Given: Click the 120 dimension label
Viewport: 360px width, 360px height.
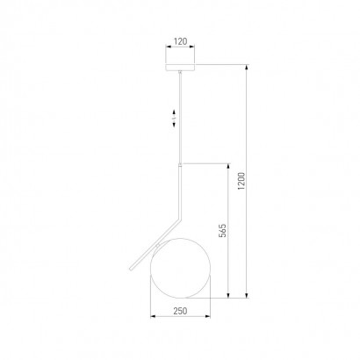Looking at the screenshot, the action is [x=180, y=41].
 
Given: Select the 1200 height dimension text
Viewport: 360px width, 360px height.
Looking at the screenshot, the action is [x=241, y=181].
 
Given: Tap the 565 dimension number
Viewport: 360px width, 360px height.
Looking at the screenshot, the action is [x=223, y=230].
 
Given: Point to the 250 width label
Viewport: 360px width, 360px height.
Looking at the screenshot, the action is [x=180, y=311].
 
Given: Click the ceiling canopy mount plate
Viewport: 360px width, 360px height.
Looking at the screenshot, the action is [x=180, y=68].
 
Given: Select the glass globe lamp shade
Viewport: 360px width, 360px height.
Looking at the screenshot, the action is [x=180, y=268].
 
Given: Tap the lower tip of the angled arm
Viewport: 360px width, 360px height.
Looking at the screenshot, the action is [x=131, y=270].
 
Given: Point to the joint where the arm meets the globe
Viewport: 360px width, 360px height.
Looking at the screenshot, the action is [x=158, y=245].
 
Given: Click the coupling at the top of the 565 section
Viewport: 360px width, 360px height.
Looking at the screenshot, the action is [x=181, y=165].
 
